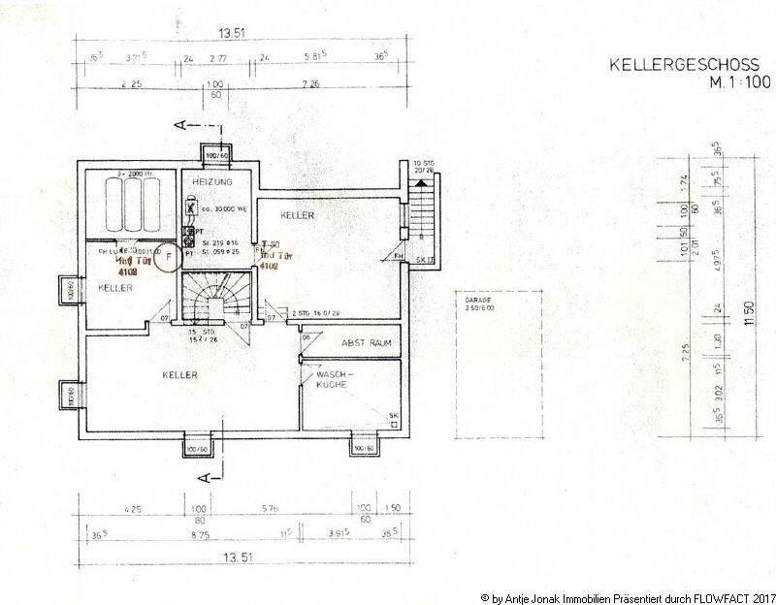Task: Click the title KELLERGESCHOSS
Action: point(677,66)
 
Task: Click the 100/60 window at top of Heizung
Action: point(213,153)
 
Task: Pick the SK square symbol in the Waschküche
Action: point(393,417)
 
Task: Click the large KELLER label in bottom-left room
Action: point(180,374)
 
